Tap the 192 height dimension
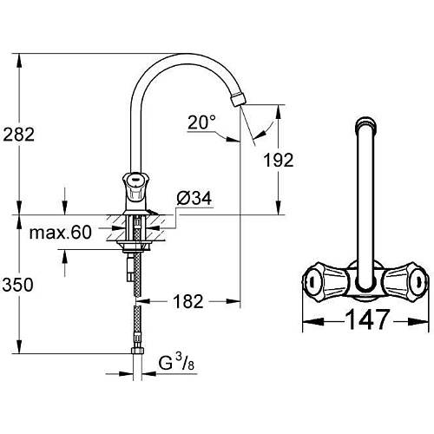[279, 160]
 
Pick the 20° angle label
[201, 122]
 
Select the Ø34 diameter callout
[194, 198]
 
